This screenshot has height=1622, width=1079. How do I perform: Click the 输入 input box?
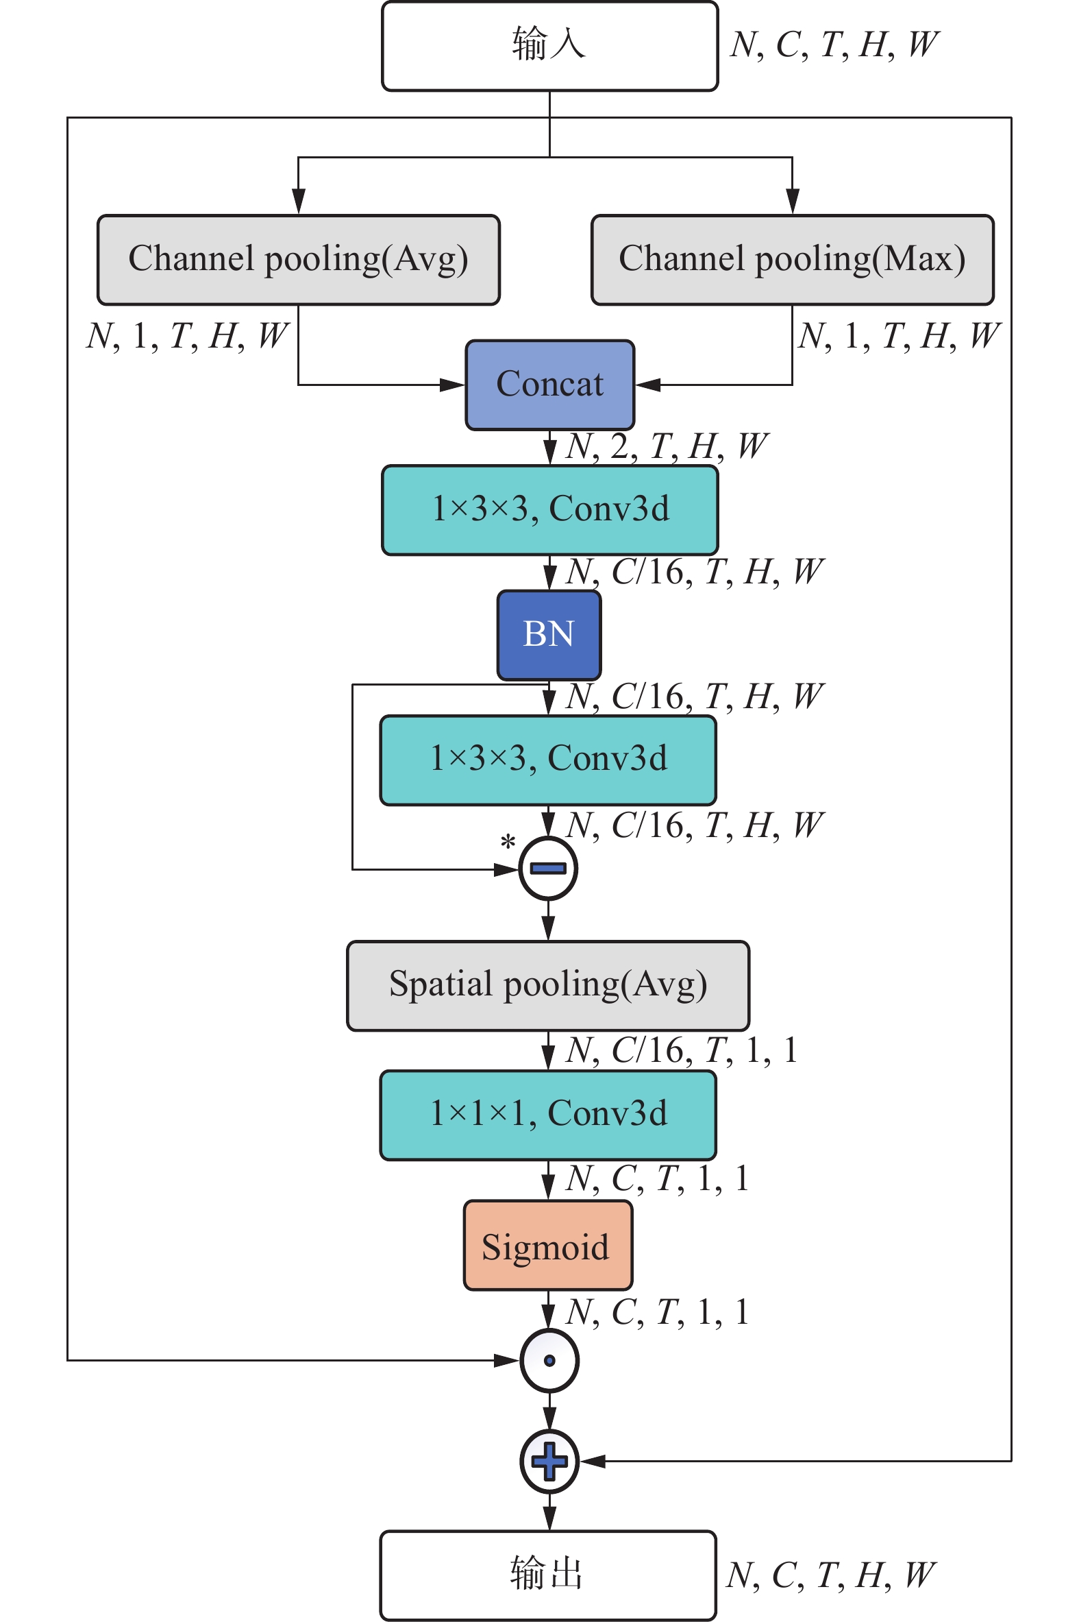[x=549, y=45]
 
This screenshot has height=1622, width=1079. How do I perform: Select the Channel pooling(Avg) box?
[x=298, y=260]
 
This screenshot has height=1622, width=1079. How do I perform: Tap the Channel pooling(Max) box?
[x=792, y=260]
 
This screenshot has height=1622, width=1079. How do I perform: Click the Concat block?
[x=549, y=385]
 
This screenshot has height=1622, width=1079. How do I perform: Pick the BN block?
[x=549, y=634]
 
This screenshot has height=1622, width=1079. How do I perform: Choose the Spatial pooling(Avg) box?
[x=548, y=984]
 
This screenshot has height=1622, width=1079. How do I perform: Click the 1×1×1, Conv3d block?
[x=548, y=1114]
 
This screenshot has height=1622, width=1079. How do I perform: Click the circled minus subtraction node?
[x=548, y=869]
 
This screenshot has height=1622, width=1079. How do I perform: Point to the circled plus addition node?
[x=549, y=1461]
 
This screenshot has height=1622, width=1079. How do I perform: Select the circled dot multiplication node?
[x=549, y=1360]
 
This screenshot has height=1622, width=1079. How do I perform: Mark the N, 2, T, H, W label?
[x=666, y=446]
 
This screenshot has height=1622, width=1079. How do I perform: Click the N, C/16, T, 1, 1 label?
[x=681, y=1050]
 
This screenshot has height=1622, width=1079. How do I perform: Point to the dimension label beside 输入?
[x=834, y=45]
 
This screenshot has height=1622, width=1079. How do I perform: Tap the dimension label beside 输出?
[x=830, y=1575]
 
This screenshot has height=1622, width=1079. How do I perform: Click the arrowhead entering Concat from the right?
[x=647, y=385]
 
